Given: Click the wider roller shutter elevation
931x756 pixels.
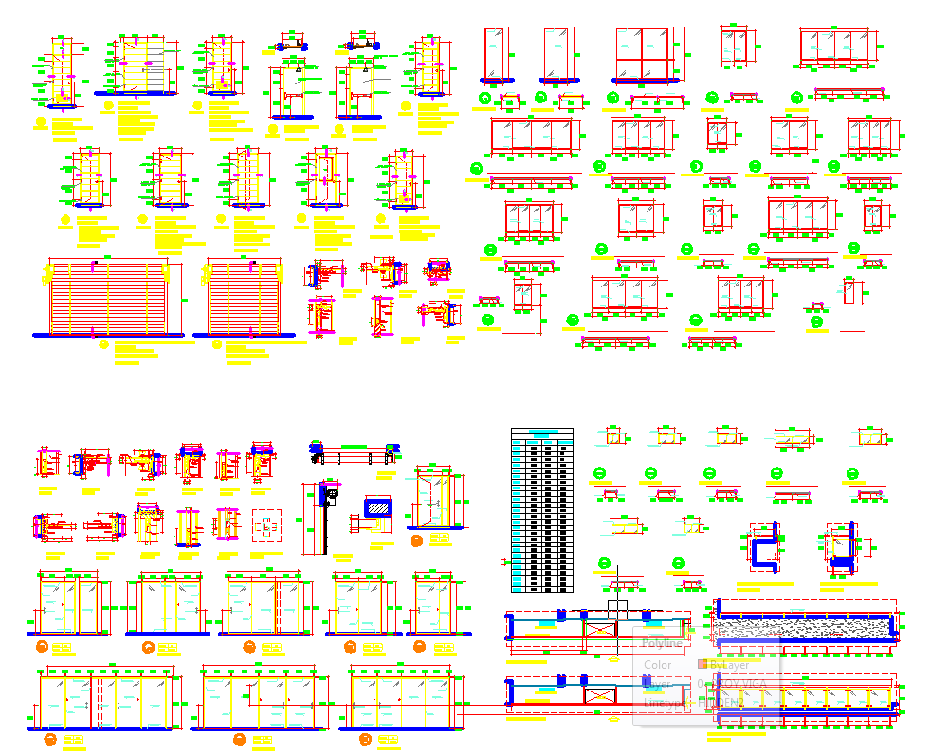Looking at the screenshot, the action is (x=108, y=296).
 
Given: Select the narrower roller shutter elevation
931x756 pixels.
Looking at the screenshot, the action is (x=245, y=296).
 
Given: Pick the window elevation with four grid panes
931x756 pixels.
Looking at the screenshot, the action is (x=642, y=55).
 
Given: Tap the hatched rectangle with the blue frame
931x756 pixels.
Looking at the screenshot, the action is (x=378, y=507).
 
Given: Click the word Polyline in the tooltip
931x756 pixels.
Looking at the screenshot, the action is (x=662, y=642).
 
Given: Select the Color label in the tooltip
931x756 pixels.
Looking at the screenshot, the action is (x=657, y=665).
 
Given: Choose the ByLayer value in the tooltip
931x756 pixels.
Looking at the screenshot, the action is (x=729, y=665).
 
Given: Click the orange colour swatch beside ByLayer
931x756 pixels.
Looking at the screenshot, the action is (x=703, y=665).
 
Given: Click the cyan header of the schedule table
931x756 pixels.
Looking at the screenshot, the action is (x=542, y=433).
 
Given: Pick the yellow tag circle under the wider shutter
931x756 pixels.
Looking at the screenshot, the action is (x=104, y=344).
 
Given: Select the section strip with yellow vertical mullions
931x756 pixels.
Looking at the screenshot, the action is (x=803, y=698).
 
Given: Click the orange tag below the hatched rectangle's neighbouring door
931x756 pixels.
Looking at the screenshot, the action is (x=416, y=542).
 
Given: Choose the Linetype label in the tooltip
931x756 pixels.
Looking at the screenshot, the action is (x=664, y=703).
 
